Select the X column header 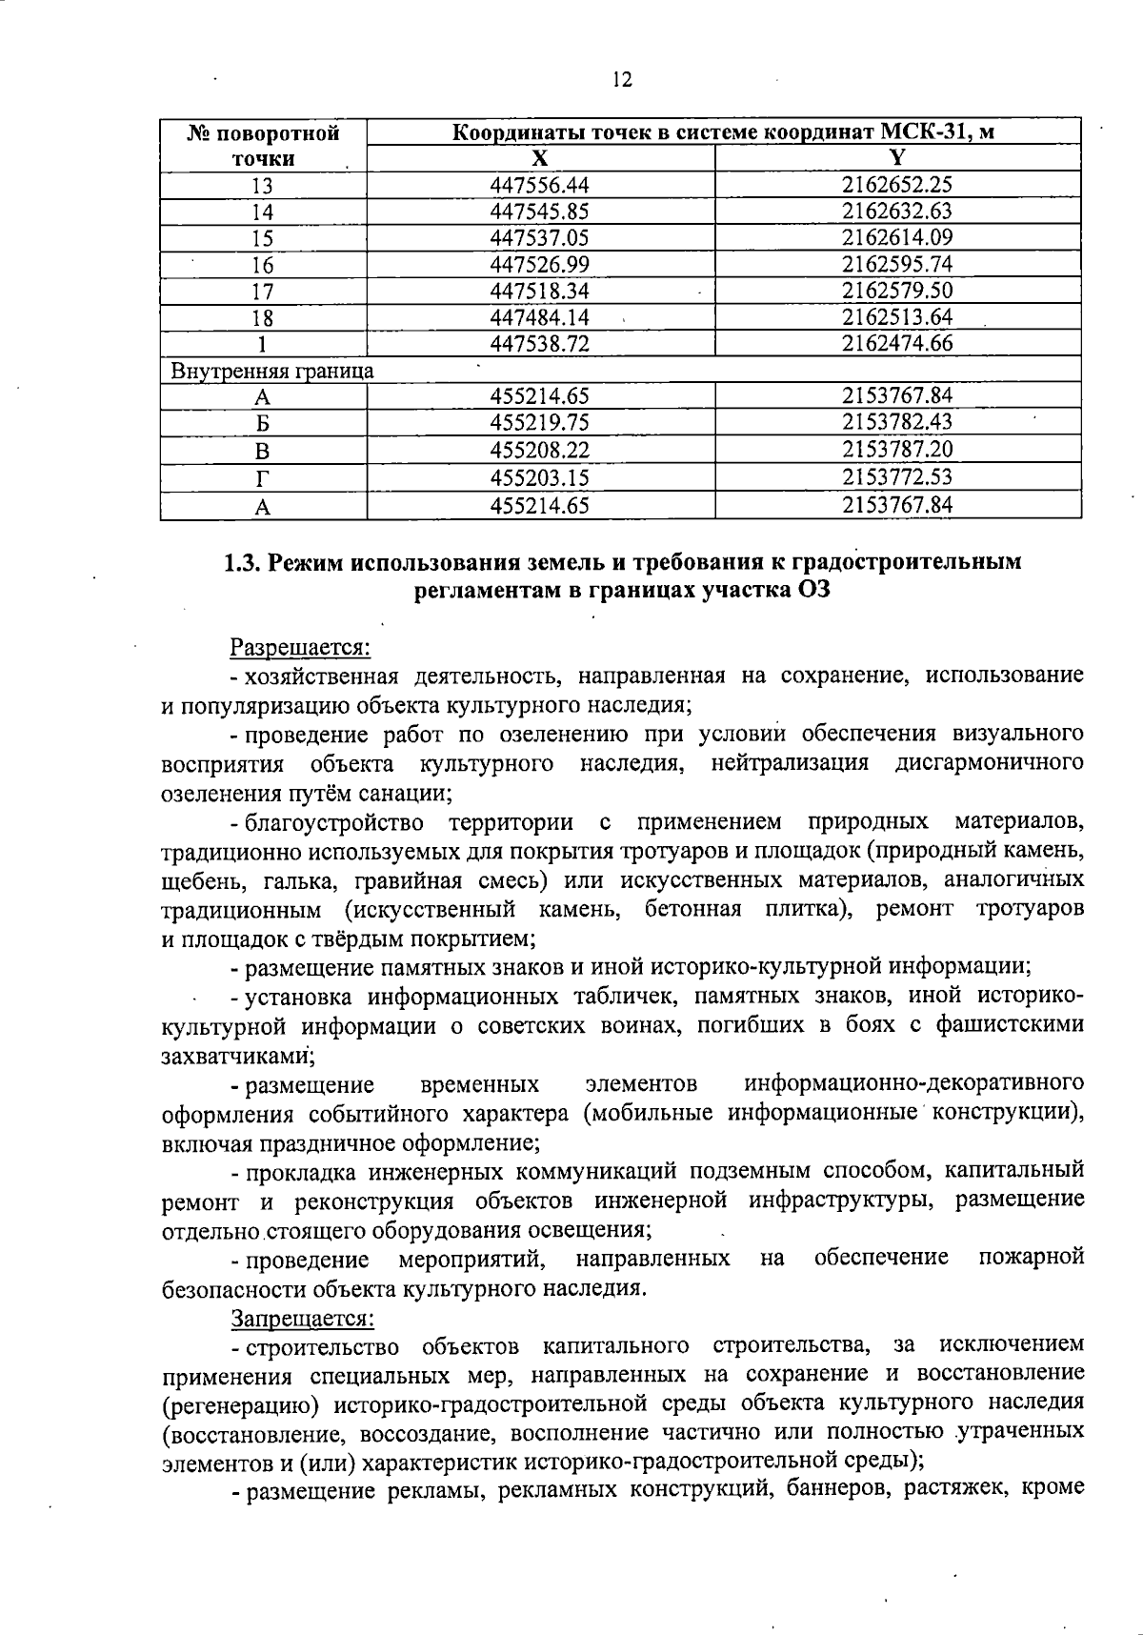539,158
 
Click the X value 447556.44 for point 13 539,185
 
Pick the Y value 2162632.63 897,212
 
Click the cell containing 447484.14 539,317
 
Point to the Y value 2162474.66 897,343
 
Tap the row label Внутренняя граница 271,370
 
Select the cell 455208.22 539,450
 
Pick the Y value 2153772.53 897,476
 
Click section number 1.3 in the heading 242,563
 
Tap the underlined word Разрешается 300,648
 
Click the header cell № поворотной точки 262,146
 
